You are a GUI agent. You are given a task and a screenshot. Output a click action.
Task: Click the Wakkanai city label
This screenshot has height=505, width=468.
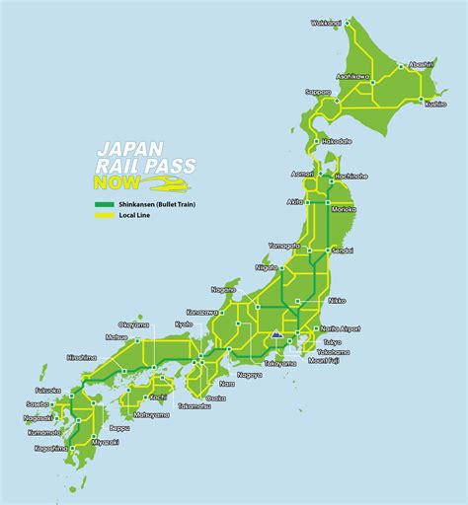(x=326, y=22)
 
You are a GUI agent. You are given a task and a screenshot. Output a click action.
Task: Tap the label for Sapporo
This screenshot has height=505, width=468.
(x=318, y=91)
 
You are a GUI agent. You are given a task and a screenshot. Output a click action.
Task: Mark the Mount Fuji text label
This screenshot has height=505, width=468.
(x=324, y=362)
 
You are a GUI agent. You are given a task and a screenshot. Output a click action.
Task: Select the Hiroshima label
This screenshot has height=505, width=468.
(x=82, y=358)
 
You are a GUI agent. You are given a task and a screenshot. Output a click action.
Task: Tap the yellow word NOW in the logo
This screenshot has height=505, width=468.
(x=113, y=183)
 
